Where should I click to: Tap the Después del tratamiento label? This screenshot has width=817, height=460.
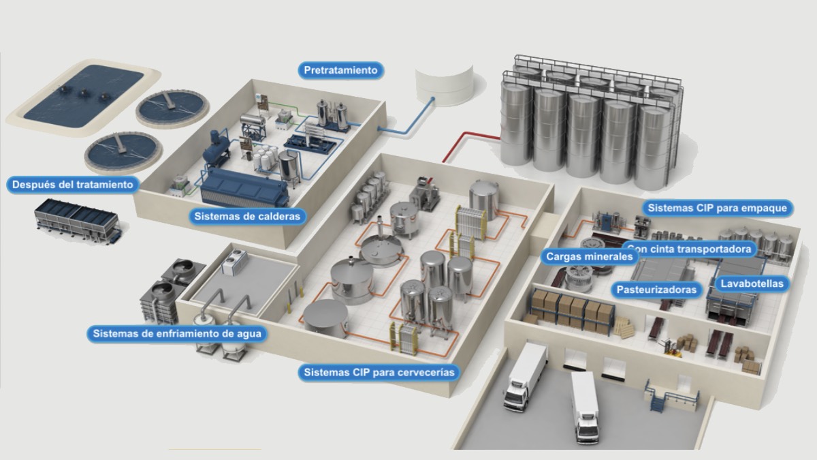coord(72,184)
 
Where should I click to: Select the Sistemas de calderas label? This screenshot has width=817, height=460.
coord(246,216)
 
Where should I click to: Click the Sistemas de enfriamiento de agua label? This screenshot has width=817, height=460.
coord(176,334)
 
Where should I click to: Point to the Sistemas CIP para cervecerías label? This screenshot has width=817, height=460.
coord(379,373)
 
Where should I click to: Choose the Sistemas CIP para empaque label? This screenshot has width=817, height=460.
coord(717,208)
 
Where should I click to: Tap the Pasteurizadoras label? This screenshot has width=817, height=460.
coord(656,290)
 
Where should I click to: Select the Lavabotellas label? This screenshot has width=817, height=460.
coord(752,283)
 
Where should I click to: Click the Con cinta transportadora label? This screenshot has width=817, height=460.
coord(691,249)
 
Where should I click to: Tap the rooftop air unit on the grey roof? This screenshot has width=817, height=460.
coord(236,261)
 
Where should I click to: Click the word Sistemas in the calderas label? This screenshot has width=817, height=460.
coord(217,216)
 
